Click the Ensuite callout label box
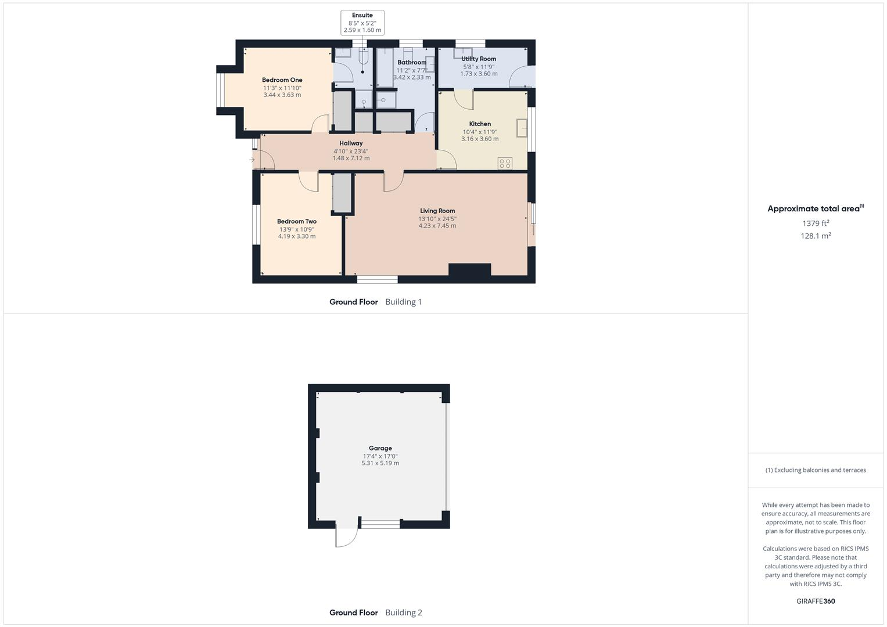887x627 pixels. (362, 23)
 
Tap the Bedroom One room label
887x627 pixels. (282, 80)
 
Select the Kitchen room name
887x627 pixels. (480, 124)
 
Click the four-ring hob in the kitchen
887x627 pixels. (505, 164)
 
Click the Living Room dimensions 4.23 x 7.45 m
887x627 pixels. (437, 226)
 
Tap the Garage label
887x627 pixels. (380, 448)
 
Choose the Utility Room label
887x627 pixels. (479, 59)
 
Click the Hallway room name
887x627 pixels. (351, 143)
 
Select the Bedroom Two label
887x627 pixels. (296, 221)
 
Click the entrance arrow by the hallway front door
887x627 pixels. (252, 160)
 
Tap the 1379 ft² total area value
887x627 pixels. (816, 223)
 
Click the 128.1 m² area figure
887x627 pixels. (816, 236)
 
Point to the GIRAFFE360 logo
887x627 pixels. (816, 601)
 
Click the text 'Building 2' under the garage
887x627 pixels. (404, 612)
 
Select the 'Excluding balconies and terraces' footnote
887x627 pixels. (816, 470)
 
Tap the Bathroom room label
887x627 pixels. (412, 62)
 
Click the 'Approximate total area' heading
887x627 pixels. (814, 209)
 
